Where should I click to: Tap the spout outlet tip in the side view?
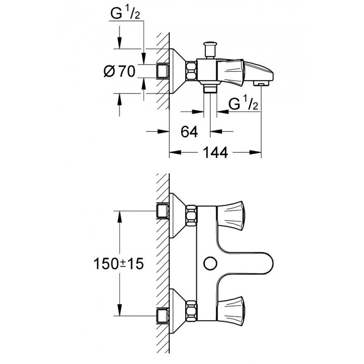[x=261, y=83]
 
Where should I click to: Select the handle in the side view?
[x=232, y=71]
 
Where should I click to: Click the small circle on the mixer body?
[x=210, y=263]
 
